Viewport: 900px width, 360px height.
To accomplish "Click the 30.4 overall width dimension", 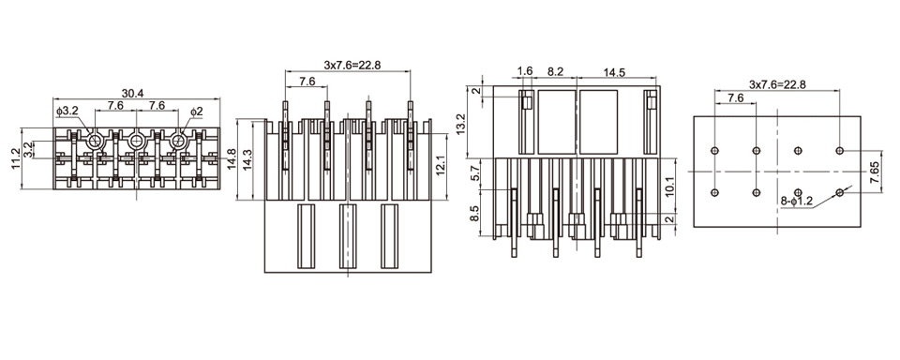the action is (132, 93).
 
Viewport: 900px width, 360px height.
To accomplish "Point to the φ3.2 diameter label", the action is (67, 111).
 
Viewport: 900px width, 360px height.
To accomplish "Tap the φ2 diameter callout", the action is (196, 111).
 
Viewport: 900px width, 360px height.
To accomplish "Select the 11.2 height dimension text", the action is (16, 158).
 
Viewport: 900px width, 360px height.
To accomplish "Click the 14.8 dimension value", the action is (231, 159).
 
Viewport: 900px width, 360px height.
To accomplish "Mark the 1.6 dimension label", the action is (525, 71).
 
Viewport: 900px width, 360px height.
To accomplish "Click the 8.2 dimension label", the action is (555, 71).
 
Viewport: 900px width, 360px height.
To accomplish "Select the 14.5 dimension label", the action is (613, 72).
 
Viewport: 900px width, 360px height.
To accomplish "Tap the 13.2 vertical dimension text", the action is (476, 125).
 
